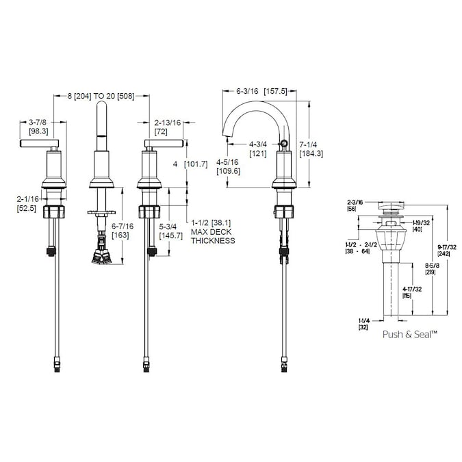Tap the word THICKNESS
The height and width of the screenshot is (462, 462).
pyautogui.click(x=213, y=241)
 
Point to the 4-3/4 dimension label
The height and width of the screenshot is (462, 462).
pyautogui.click(x=258, y=144)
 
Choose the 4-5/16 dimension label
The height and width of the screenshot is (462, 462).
pyautogui.click(x=227, y=162)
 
